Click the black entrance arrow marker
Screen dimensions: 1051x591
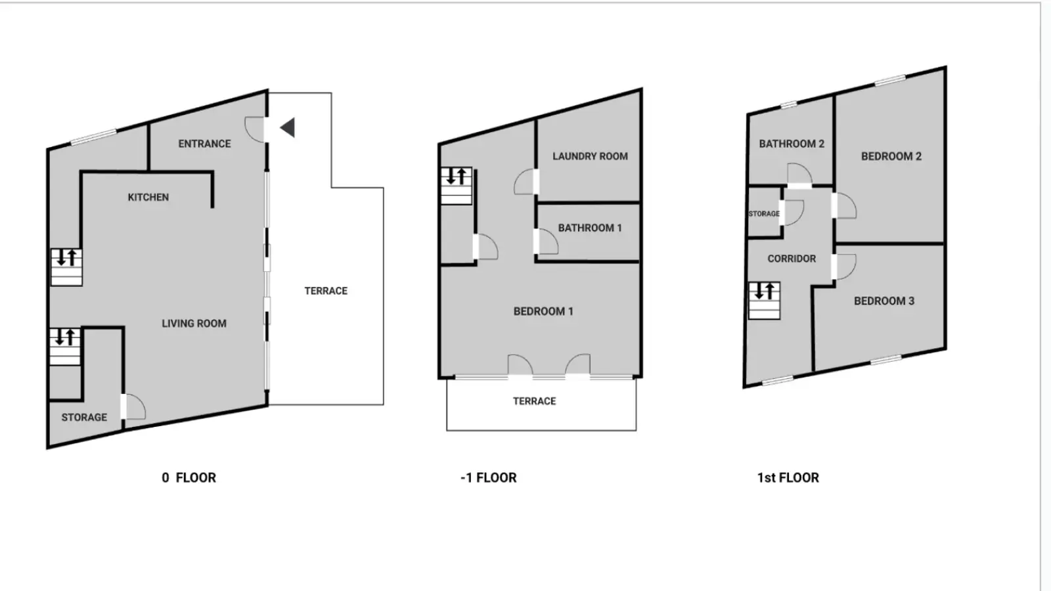(x=288, y=127)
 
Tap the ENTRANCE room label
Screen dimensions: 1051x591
(x=204, y=144)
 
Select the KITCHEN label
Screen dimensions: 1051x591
(x=148, y=198)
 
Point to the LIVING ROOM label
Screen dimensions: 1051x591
(x=194, y=324)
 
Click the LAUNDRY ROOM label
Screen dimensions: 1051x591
(x=591, y=157)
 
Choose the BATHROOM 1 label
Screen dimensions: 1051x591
(x=590, y=228)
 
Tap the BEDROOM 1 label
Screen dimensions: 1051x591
(x=543, y=311)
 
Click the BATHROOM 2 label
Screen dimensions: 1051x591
(x=792, y=144)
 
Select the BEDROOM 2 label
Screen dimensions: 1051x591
(x=891, y=157)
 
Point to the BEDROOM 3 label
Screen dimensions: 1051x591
(x=884, y=301)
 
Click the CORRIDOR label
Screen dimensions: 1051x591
(x=792, y=259)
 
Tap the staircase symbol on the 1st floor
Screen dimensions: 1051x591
(x=765, y=301)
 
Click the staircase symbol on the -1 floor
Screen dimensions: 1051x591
(x=456, y=186)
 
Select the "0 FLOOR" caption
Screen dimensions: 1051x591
(x=189, y=478)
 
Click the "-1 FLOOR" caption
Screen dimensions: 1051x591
(x=489, y=478)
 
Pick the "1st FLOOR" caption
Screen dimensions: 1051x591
(x=788, y=478)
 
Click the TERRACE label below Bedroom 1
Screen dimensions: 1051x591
(x=535, y=401)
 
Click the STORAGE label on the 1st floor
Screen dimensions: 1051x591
(x=764, y=214)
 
